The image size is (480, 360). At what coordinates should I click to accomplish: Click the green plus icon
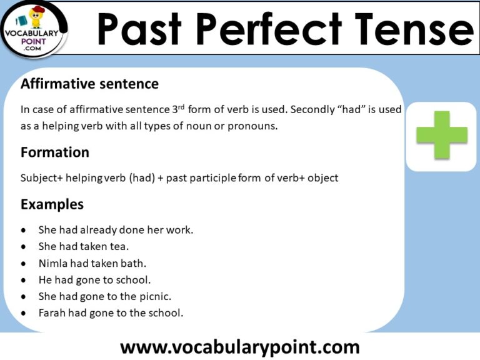tap(442, 135)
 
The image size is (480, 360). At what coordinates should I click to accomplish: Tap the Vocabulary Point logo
tap(34, 28)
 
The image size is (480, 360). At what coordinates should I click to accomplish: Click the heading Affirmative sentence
tap(89, 84)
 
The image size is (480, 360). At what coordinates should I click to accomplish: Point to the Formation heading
tap(55, 152)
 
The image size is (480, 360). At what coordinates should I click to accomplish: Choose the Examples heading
tap(52, 204)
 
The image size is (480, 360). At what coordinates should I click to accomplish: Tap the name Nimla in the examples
tap(52, 263)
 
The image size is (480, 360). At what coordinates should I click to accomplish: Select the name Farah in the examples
tap(52, 313)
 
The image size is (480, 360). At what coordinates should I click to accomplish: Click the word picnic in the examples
tap(155, 296)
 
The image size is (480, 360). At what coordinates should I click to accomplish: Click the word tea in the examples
tap(119, 246)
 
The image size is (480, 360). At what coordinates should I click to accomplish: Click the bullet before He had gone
tap(24, 280)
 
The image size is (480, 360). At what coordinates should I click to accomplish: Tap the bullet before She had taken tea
tap(24, 247)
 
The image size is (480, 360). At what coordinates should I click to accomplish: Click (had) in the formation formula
tap(142, 178)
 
